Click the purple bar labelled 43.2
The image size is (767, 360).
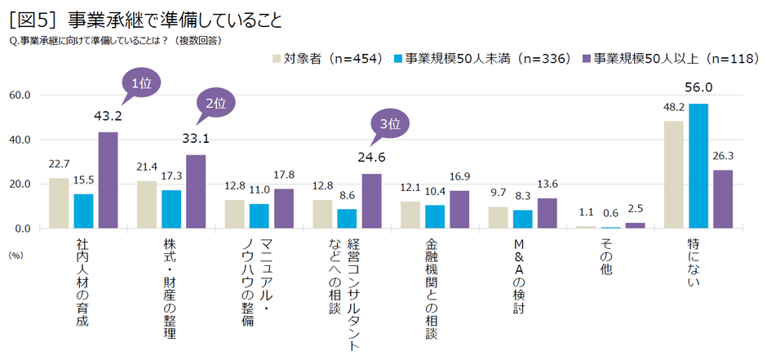click(109, 180)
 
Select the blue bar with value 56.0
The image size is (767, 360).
click(698, 166)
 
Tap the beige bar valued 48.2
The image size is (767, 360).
click(674, 175)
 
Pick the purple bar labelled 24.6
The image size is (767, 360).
click(371, 201)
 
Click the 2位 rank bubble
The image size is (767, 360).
click(215, 104)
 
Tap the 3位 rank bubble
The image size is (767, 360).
click(390, 124)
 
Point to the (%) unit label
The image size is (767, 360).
click(16, 254)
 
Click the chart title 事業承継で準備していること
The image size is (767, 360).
click(175, 20)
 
